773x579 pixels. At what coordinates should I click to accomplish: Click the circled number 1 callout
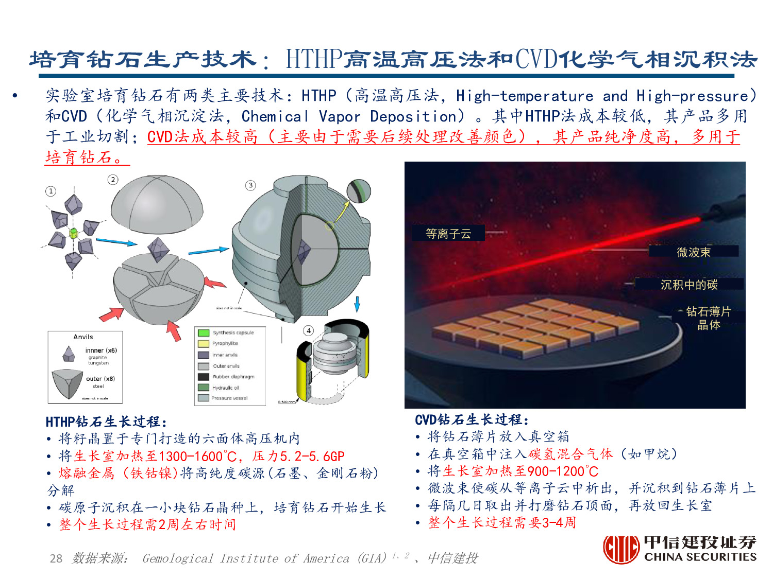51,191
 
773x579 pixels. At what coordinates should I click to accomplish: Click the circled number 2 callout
112,179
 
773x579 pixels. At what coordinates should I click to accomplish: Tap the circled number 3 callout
250,185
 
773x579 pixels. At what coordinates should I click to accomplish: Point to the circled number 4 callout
308,330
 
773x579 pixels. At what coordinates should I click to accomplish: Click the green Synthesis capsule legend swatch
204,333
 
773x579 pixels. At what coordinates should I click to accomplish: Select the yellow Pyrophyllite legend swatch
204,344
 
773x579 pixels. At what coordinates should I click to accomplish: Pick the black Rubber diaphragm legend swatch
204,377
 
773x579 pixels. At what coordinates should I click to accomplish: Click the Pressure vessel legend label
229,398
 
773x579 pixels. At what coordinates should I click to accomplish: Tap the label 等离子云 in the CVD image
448,234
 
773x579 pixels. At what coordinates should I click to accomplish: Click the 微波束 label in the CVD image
694,252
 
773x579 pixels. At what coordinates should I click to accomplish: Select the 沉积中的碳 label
689,285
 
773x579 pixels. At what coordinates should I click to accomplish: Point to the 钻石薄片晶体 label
709,318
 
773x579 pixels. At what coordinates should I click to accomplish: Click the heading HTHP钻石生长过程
106,422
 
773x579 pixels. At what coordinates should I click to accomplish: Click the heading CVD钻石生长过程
472,420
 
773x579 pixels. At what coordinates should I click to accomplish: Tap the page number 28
56,558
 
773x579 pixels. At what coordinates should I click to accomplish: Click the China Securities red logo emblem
621,549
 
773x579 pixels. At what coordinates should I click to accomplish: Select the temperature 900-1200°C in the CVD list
563,471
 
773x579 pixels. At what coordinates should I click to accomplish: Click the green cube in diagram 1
73,233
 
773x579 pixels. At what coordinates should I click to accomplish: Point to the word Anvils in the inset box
83,337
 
